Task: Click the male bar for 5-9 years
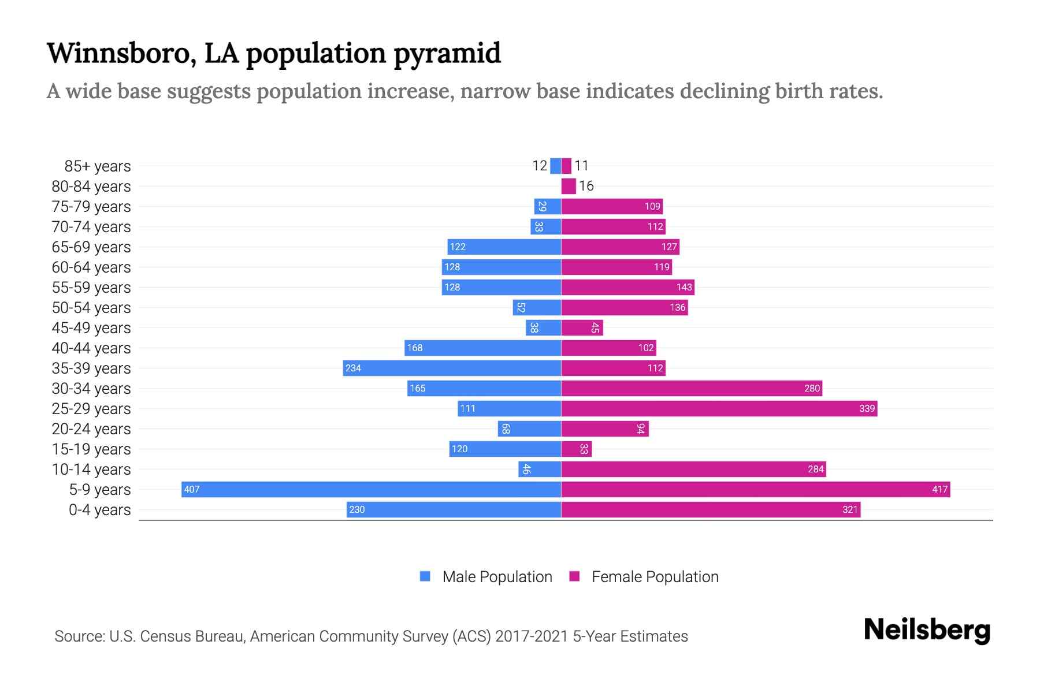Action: point(371,490)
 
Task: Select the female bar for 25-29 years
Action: point(719,409)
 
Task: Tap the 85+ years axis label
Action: point(98,166)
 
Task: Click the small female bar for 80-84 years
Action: point(569,186)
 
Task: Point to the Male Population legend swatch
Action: point(425,576)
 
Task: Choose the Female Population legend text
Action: point(655,577)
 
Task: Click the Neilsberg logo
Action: point(927,630)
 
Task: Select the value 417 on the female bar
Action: point(939,490)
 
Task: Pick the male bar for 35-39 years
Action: point(452,368)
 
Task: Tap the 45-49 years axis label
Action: point(91,328)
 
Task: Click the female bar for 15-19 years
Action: point(576,449)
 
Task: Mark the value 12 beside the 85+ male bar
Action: point(539,166)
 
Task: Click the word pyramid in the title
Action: point(447,53)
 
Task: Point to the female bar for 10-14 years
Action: point(693,470)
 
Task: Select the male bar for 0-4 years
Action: point(454,510)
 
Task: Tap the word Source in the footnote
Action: point(79,636)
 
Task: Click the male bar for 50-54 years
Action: point(537,308)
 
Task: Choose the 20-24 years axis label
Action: point(91,429)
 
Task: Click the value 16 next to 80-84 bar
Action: point(586,186)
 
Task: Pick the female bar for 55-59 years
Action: point(627,288)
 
